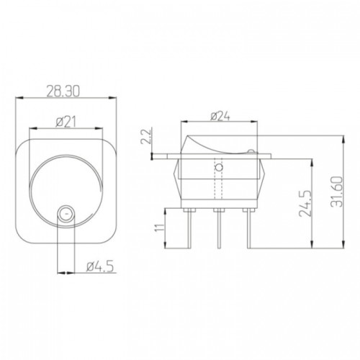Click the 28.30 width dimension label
tap(63, 91)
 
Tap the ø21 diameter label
tap(66, 122)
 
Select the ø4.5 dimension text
tap(100, 266)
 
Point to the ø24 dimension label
tap(220, 117)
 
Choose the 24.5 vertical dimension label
tap(305, 204)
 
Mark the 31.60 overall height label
tap(336, 192)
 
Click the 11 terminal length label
tap(160, 228)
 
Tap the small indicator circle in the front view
tap(66, 213)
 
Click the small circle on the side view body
tap(219, 167)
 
